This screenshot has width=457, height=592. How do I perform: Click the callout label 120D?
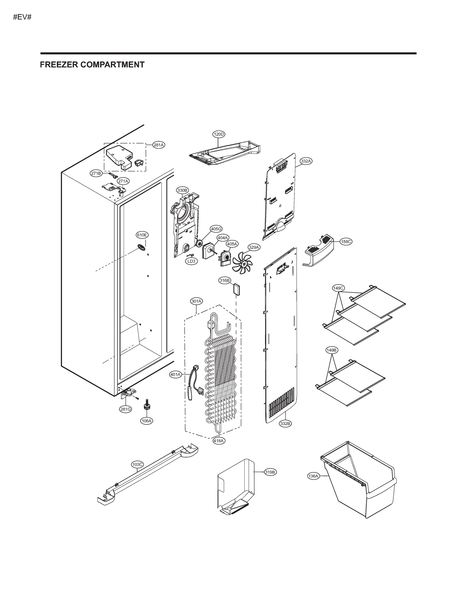coord(219,134)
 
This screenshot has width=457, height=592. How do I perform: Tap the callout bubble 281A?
coord(159,145)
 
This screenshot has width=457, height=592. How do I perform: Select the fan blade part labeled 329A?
coord(242,261)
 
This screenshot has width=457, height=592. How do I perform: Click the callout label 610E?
coord(142,235)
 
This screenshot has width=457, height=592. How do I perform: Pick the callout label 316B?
coord(225,280)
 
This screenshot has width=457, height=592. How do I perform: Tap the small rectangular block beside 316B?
coord(236,289)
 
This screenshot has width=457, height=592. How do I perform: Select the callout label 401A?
coord(175,375)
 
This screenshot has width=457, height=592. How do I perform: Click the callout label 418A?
coord(219,441)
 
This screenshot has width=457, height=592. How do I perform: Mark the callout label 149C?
coord(338,288)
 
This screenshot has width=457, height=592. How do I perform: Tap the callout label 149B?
coord(331,350)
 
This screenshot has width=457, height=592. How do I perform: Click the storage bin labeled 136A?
coord(357,485)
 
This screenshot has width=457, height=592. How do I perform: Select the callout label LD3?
coord(191,261)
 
